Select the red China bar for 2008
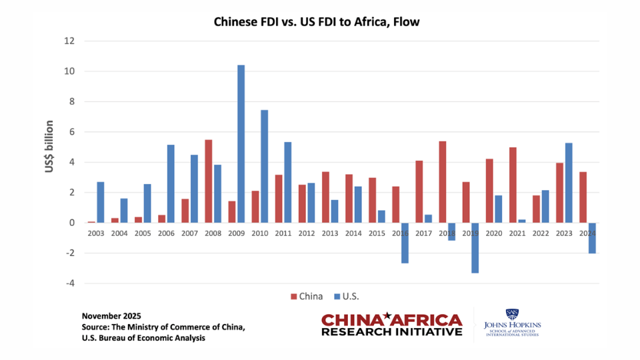[x=208, y=181]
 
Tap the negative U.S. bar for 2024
[x=591, y=238]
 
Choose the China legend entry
[x=306, y=296]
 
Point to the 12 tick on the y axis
[x=69, y=41]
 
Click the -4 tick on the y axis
[x=69, y=283]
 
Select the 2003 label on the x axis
[x=96, y=233]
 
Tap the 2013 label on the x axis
[x=329, y=233]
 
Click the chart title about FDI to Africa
[x=317, y=22]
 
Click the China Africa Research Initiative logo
[x=391, y=325]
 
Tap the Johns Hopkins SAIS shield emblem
[x=512, y=313]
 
